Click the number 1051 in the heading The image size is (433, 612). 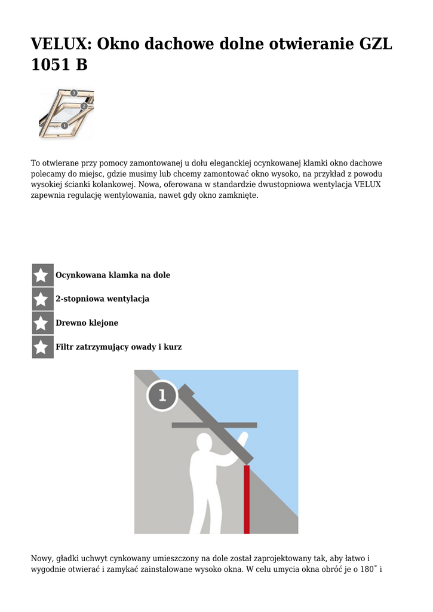point(50,65)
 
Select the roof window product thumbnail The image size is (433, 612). point(66,112)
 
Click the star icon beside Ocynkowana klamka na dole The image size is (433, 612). point(42,276)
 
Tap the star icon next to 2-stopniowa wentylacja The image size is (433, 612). point(42,299)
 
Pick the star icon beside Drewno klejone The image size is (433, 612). point(42,323)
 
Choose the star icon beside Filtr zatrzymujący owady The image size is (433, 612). point(42,347)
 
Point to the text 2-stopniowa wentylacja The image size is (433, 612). point(102,299)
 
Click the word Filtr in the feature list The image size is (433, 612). point(65,347)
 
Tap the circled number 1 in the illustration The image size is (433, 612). point(162,396)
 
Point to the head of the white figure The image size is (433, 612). point(204,443)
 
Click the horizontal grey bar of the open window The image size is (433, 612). point(214,426)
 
